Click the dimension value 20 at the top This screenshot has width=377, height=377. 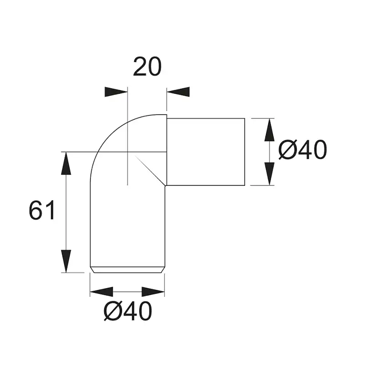point(147,67)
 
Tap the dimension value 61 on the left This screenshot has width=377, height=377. point(42,211)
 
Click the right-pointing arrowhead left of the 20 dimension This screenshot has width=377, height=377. point(116,92)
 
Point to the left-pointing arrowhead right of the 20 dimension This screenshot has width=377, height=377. point(178,92)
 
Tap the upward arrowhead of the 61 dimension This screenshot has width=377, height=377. point(66,163)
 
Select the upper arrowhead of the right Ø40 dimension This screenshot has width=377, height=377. point(269,130)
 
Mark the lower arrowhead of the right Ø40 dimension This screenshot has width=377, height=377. point(269,174)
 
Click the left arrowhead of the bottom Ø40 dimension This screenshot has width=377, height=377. point(102,292)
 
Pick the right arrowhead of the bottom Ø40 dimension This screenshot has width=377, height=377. point(153,292)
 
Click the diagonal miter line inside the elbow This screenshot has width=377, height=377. point(150,169)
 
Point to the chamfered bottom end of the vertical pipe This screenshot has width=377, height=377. point(127,270)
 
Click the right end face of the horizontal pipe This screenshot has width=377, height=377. point(245,152)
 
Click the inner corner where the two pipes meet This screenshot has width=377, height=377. point(166,185)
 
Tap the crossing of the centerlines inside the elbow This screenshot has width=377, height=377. point(128,152)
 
